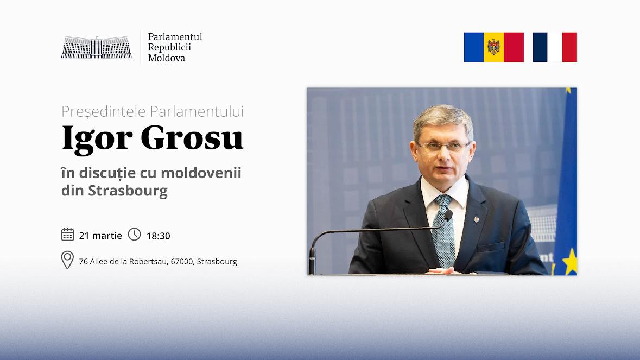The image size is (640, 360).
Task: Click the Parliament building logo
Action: click(x=96, y=47)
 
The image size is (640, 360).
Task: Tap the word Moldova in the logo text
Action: click(x=167, y=58)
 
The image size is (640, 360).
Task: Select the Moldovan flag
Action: click(x=494, y=47)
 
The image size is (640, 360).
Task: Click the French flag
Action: click(x=555, y=47)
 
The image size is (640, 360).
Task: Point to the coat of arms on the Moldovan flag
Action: click(x=494, y=47)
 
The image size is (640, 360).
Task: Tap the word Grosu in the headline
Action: click(x=192, y=138)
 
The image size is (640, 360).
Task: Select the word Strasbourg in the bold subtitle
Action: click(x=128, y=191)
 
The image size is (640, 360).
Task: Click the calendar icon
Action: click(x=67, y=235)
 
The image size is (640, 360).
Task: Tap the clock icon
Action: click(x=134, y=234)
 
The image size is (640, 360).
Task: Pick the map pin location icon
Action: click(x=67, y=260)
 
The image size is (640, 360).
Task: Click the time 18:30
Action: click(x=159, y=236)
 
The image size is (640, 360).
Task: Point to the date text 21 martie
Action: click(x=100, y=236)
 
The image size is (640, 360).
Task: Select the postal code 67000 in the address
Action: click(x=182, y=261)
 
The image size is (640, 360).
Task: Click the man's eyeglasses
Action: click(x=443, y=147)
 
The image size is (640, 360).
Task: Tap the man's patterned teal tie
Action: click(x=445, y=231)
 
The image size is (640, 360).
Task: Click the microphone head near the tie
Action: click(x=448, y=215)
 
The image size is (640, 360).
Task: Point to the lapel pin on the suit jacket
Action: click(x=476, y=219)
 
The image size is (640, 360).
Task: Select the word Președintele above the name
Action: click(x=104, y=111)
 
